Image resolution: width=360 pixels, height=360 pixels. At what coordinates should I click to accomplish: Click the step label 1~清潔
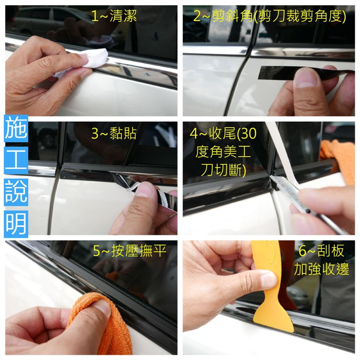(x=114, y=16)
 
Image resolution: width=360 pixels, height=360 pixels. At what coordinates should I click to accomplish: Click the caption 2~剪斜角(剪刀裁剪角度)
(x=270, y=16)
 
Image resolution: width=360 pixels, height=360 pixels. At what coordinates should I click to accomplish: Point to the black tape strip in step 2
(x=305, y=72)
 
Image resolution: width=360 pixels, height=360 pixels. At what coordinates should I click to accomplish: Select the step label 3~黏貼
(x=114, y=133)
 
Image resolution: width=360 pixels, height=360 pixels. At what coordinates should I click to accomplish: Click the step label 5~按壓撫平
(x=129, y=251)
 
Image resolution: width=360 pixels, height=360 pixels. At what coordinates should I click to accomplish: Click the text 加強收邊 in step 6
(x=322, y=269)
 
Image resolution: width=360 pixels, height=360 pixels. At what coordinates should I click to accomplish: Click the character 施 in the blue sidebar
(x=16, y=128)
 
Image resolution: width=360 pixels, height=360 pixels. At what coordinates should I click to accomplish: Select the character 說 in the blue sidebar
(x=16, y=192)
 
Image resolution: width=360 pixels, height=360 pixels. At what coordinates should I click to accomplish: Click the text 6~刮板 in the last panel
(x=321, y=251)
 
